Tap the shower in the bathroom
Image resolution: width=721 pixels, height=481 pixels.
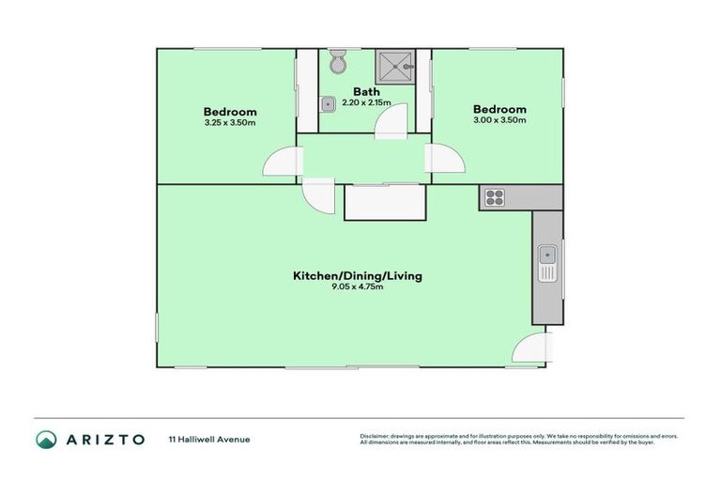coord(396,67)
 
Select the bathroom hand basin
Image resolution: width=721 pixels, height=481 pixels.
coord(328,103)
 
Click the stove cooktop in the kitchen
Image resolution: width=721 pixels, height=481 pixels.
coord(494,197)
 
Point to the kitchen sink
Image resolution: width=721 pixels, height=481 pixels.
coord(546,262)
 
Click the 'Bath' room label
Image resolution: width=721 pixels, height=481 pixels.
coord(366,91)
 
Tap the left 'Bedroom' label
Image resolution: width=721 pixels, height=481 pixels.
coord(230,111)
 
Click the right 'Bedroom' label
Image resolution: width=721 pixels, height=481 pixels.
coord(499,109)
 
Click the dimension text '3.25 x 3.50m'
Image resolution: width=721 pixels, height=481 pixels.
coord(230,122)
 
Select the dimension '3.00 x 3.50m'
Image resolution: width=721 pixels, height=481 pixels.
coord(499,120)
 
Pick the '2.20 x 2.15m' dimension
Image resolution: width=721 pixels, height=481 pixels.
coord(366,102)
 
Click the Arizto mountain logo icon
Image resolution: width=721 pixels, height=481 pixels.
coord(46,439)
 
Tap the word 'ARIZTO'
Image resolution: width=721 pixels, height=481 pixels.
coord(105,439)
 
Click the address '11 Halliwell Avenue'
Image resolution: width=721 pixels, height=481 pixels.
coord(208,439)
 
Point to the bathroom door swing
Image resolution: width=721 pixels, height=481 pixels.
coord(391,121)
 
